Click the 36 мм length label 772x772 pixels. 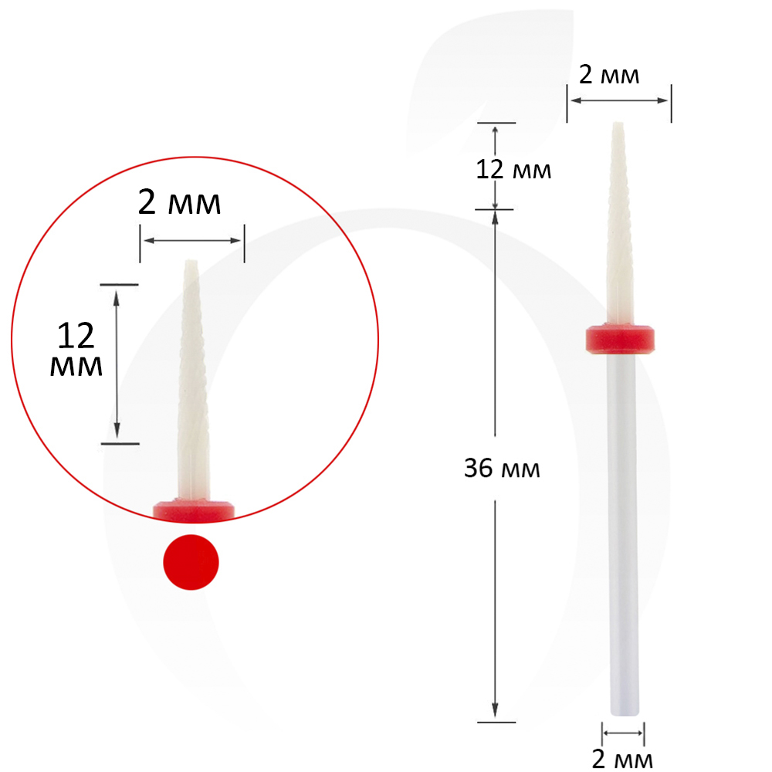pyautogui.click(x=502, y=469)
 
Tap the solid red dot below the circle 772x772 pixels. pyautogui.click(x=191, y=562)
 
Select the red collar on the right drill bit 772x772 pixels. pyautogui.click(x=620, y=339)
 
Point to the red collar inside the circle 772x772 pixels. pyautogui.click(x=194, y=510)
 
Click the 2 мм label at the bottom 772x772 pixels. pyautogui.click(x=622, y=760)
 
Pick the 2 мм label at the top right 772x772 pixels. pyautogui.click(x=609, y=75)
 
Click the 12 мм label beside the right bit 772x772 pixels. pyautogui.click(x=513, y=170)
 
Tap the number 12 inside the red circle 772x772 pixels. pyautogui.click(x=76, y=335)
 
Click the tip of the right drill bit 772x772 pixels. pyautogui.click(x=618, y=123)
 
